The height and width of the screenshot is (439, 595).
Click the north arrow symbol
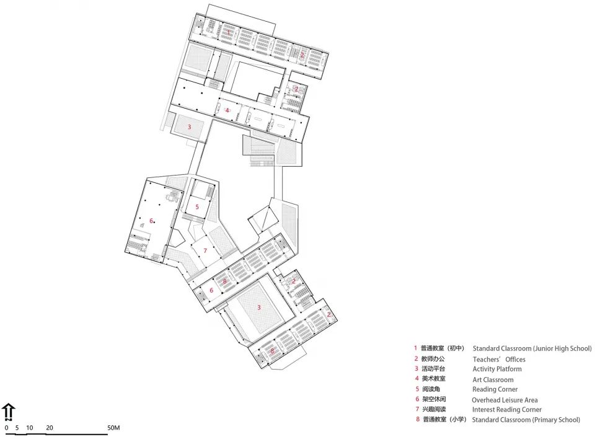point(9,411)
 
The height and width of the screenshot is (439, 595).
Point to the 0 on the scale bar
point(6,428)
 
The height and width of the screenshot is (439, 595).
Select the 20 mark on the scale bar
point(49,428)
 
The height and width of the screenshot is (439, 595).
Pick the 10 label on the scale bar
point(29,428)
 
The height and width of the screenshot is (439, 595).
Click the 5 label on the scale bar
point(17,428)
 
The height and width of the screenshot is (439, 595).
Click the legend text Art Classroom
point(493,379)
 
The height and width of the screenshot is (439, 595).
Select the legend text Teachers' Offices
point(499,359)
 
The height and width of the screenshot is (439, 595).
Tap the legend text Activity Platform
point(497,369)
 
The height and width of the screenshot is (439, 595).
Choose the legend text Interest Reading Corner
point(506,409)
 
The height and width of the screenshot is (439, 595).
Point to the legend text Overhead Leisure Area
point(505,399)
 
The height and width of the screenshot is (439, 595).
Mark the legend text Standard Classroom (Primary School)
point(526,420)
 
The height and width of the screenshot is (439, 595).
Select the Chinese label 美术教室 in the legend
point(433,379)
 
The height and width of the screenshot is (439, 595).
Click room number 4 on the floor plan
point(227,110)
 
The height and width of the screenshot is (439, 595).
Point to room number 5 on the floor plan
point(197,206)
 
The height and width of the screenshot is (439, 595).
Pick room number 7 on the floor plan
point(205,251)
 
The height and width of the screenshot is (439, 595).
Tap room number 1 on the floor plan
point(228,31)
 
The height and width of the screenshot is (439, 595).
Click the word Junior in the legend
point(544,348)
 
